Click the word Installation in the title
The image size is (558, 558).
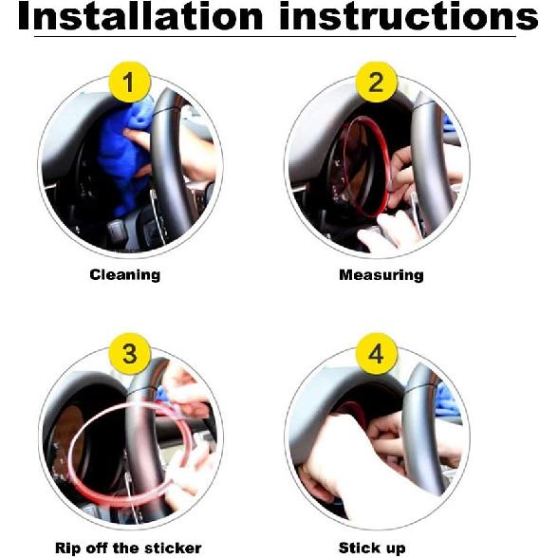(140, 16)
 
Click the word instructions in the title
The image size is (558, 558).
(408, 16)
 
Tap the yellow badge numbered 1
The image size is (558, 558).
(129, 83)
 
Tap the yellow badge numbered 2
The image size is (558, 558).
(377, 83)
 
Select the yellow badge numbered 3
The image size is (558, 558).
(130, 354)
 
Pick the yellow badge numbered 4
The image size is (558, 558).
(377, 354)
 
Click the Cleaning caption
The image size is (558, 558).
(125, 275)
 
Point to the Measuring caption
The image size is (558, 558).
(381, 275)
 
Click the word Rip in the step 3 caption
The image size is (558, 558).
(67, 549)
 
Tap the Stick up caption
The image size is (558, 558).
(372, 549)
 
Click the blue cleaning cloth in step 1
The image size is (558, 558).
(122, 157)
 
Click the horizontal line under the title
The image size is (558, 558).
(275, 36)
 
